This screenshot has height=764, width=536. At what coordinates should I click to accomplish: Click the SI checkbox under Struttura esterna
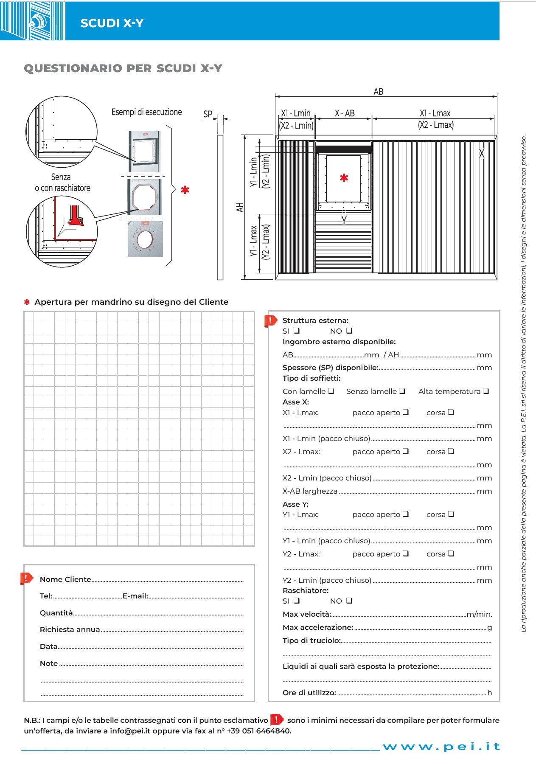297,331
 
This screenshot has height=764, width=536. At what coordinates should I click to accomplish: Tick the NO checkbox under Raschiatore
349,601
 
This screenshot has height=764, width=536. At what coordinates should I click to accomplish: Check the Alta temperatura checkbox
486,391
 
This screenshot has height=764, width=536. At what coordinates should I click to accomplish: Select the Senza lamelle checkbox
402,391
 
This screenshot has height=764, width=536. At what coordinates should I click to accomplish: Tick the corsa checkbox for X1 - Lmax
451,412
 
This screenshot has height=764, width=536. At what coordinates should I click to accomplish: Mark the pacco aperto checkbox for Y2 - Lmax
406,553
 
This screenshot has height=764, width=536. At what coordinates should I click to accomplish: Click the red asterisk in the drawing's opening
344,178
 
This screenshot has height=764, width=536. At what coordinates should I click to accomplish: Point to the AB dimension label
378,92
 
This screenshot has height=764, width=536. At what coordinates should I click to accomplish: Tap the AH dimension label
240,207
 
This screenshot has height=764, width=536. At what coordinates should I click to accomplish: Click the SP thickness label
208,114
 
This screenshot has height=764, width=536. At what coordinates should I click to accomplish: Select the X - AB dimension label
344,113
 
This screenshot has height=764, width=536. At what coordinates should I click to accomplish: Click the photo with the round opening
145,239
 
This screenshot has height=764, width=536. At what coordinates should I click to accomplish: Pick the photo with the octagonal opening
144,197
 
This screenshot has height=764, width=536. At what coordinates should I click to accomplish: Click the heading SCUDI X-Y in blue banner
112,23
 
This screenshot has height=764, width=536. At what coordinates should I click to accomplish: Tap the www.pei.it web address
441,747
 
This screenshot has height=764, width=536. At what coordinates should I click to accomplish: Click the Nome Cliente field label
65,579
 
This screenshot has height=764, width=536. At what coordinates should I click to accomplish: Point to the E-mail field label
135,596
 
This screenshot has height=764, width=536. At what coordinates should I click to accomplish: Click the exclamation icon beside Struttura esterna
270,321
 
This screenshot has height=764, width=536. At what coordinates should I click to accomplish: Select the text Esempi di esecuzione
146,112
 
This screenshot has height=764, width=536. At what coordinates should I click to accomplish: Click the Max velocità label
306,614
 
